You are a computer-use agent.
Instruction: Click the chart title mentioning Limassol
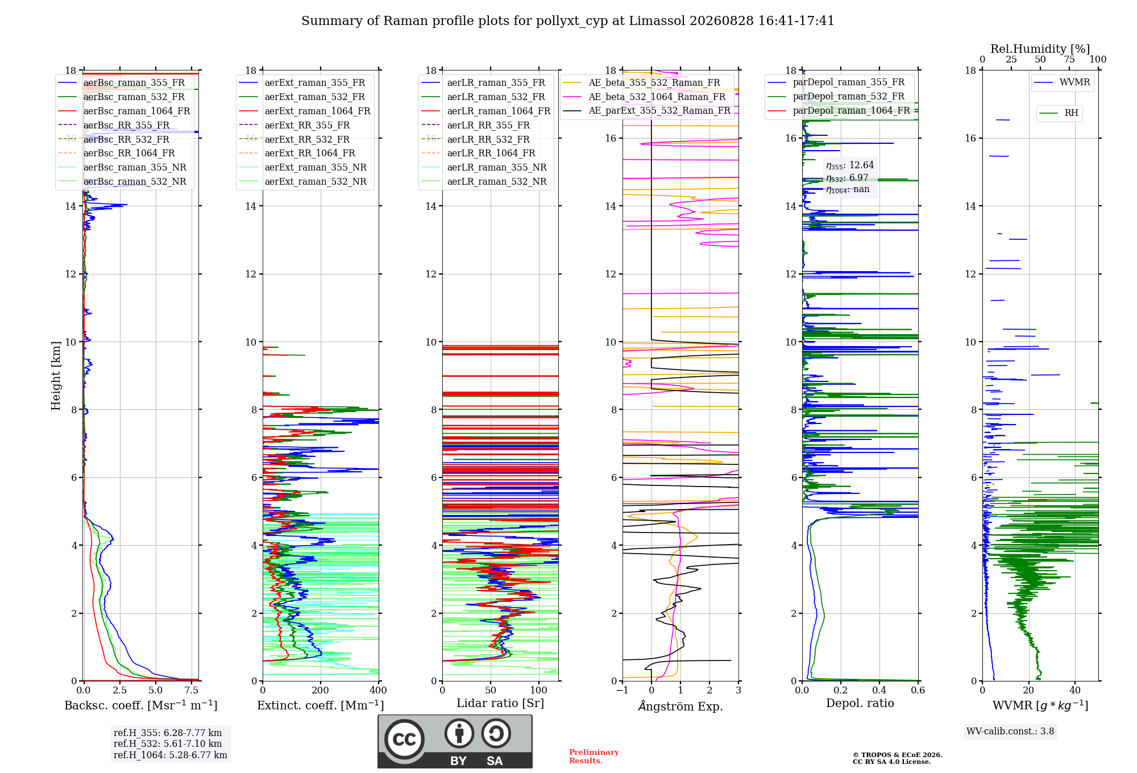pyautogui.click(x=568, y=21)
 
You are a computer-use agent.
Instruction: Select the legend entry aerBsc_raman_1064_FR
pyautogui.click(x=136, y=111)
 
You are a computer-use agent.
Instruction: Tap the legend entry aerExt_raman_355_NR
pyautogui.click(x=316, y=167)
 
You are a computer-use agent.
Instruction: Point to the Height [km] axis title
pyautogui.click(x=56, y=376)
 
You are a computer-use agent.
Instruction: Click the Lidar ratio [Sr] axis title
pyautogui.click(x=500, y=703)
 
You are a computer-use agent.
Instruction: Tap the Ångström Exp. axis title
pyautogui.click(x=680, y=706)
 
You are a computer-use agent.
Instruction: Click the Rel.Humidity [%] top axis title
pyautogui.click(x=1040, y=49)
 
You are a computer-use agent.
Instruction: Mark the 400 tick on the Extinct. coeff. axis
pyautogui.click(x=379, y=690)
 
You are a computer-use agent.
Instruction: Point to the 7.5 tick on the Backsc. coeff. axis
pyautogui.click(x=192, y=690)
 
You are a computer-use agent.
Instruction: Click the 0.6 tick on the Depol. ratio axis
pyautogui.click(x=918, y=690)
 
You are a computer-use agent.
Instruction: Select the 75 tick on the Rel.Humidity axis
pyautogui.click(x=1069, y=59)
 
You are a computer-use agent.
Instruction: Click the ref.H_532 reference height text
pyautogui.click(x=168, y=743)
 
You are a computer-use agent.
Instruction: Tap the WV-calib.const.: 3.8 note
pyautogui.click(x=1010, y=731)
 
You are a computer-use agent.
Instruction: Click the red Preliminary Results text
pyautogui.click(x=594, y=757)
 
